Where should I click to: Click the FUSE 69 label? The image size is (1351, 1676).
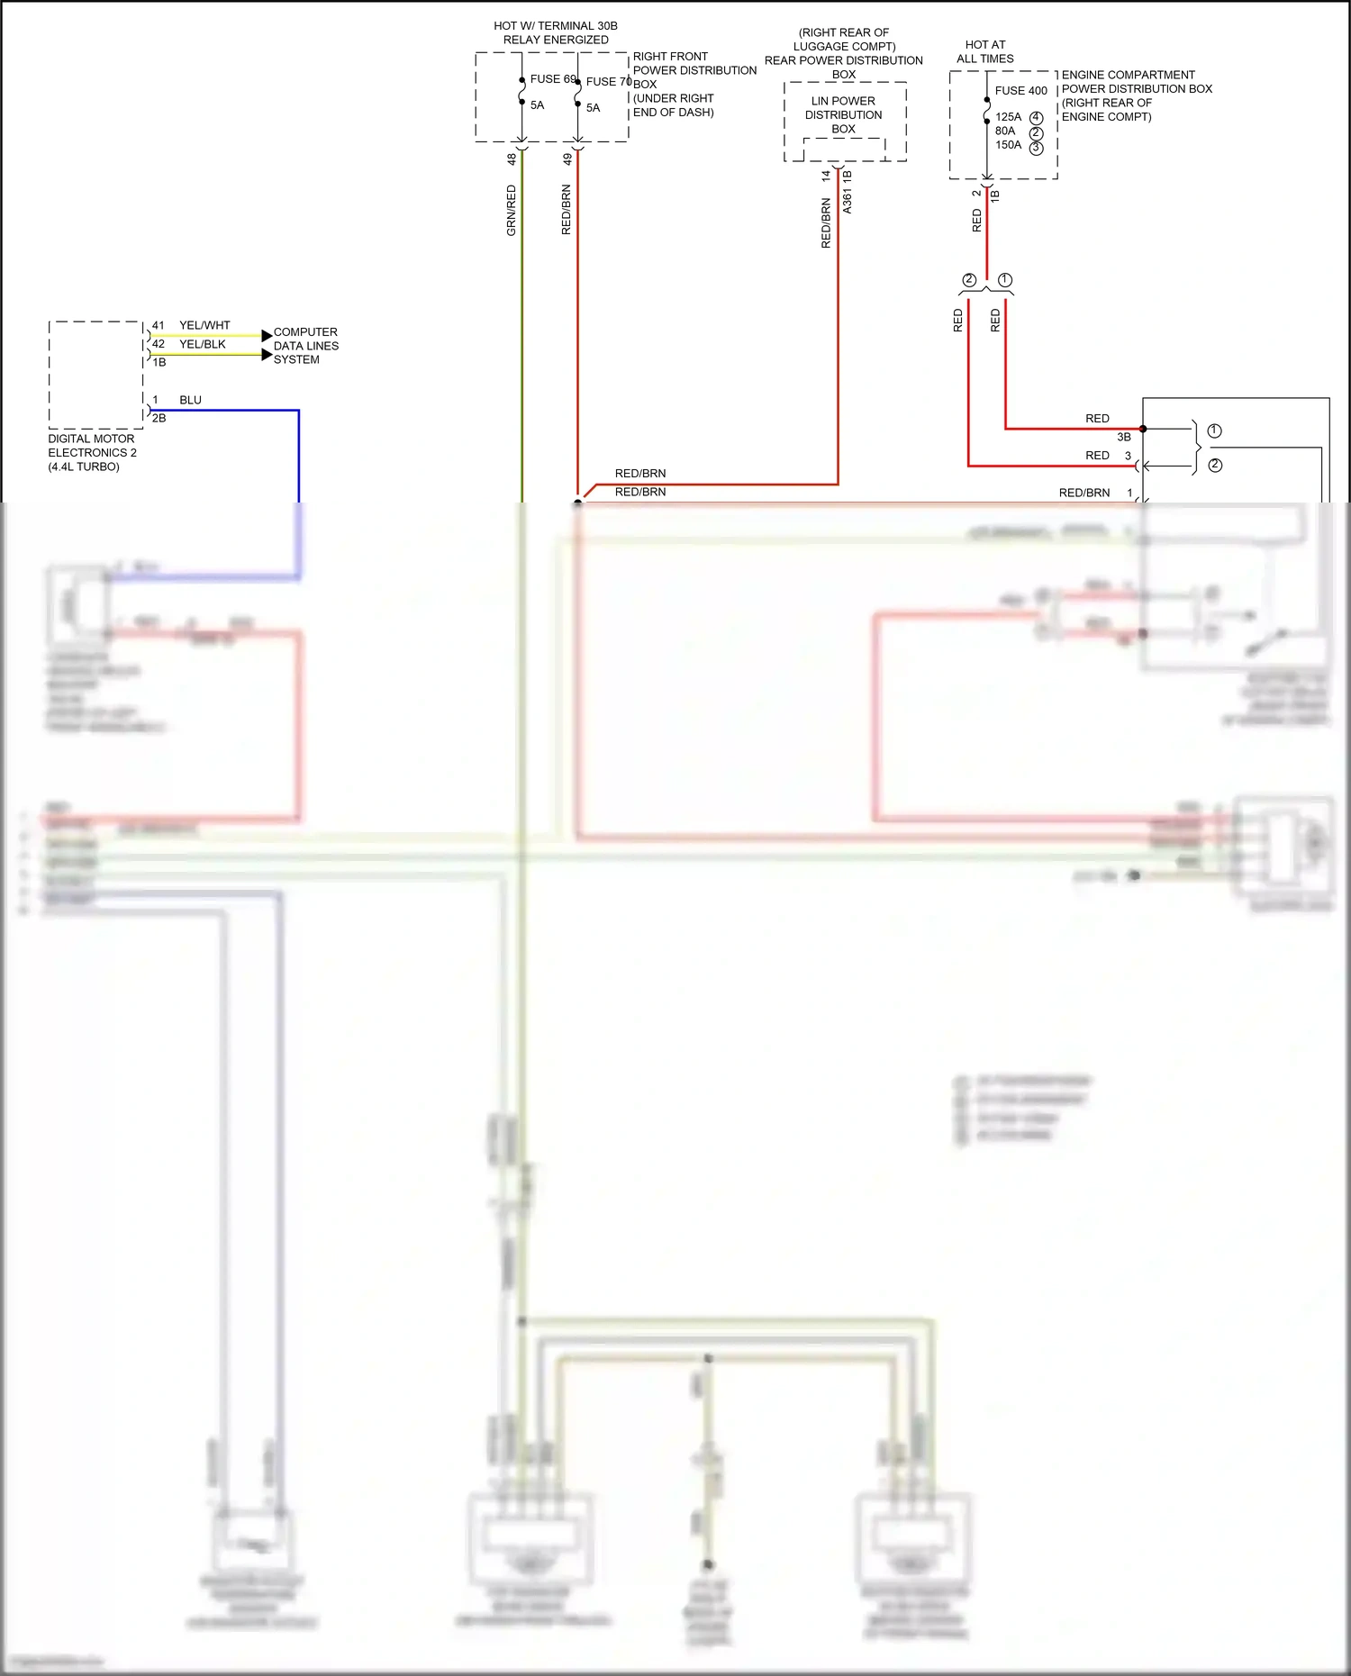click(x=552, y=79)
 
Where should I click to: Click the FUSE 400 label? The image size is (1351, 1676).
click(x=1020, y=91)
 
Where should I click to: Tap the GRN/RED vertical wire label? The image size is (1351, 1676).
click(x=512, y=210)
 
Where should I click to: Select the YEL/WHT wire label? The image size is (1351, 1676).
click(x=204, y=325)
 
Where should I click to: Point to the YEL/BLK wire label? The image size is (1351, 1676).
click(x=202, y=344)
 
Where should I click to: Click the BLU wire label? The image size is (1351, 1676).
click(x=190, y=400)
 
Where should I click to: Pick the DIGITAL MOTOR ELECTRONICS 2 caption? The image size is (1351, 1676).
click(x=92, y=452)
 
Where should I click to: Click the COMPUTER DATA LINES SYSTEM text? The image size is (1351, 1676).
click(x=306, y=346)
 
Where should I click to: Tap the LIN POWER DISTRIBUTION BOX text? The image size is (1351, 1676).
click(x=843, y=114)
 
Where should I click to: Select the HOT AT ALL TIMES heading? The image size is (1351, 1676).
click(x=984, y=51)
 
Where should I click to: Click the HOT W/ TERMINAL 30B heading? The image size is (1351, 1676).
click(x=556, y=32)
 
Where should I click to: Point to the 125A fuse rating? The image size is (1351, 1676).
click(x=1008, y=117)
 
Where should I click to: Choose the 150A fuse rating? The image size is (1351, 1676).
click(x=1008, y=145)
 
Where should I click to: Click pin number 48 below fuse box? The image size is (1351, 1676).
click(x=512, y=159)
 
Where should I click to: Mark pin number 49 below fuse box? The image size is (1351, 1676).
click(x=567, y=159)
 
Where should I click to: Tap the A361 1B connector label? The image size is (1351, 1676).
click(x=848, y=192)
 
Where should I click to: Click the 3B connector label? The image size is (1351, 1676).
click(x=1123, y=437)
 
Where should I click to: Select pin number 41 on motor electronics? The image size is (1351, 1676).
click(x=159, y=325)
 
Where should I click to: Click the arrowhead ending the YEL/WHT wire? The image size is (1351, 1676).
click(x=267, y=336)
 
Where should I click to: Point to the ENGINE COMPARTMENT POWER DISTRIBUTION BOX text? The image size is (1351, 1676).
click(x=1136, y=95)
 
